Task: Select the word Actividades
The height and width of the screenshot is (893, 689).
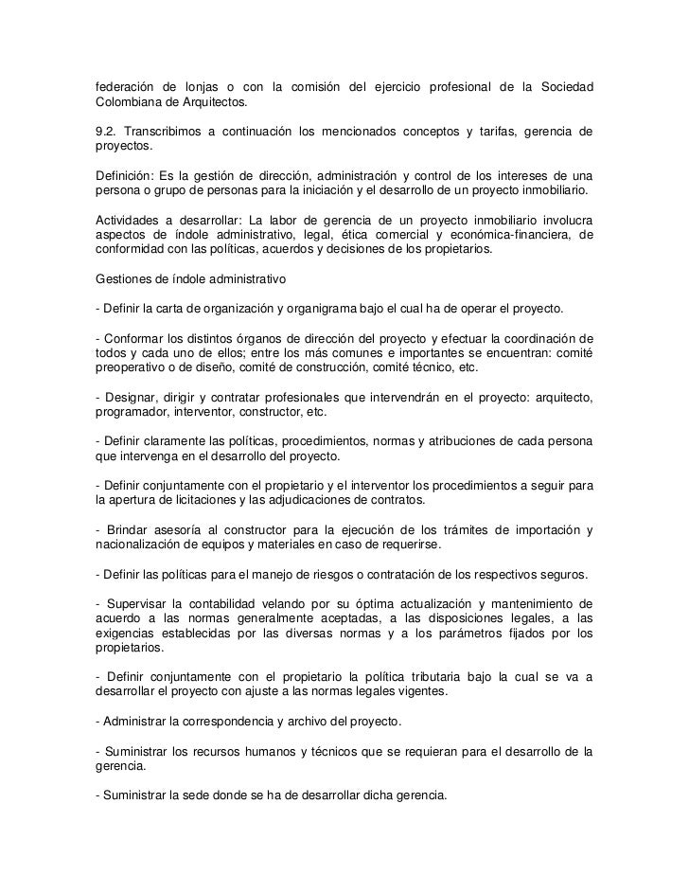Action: pyautogui.click(x=130, y=220)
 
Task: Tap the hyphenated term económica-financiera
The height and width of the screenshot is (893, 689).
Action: pyautogui.click(x=511, y=235)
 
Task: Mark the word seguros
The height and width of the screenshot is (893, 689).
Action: pyautogui.click(x=562, y=574)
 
